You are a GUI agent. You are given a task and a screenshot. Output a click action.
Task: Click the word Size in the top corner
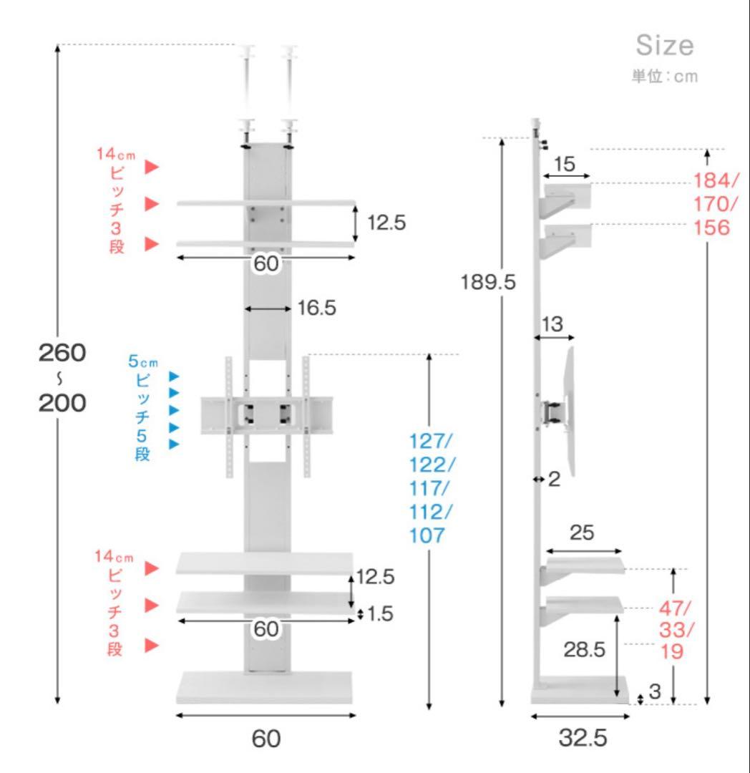[x=665, y=45]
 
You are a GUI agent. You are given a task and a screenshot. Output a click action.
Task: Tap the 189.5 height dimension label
[x=488, y=283]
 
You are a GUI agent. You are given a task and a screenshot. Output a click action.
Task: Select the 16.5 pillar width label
[x=317, y=308]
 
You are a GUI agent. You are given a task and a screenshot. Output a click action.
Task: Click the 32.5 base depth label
[x=583, y=738]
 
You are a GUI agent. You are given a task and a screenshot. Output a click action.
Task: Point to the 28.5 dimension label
[x=585, y=650]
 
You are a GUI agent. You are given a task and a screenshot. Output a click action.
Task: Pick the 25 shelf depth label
[x=582, y=533]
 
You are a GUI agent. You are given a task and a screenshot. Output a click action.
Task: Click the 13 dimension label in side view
[x=552, y=324]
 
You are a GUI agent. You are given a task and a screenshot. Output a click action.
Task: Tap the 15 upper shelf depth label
[x=564, y=164]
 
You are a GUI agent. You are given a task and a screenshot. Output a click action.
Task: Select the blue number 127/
[x=430, y=441]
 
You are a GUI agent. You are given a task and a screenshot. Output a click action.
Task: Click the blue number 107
[x=427, y=535]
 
